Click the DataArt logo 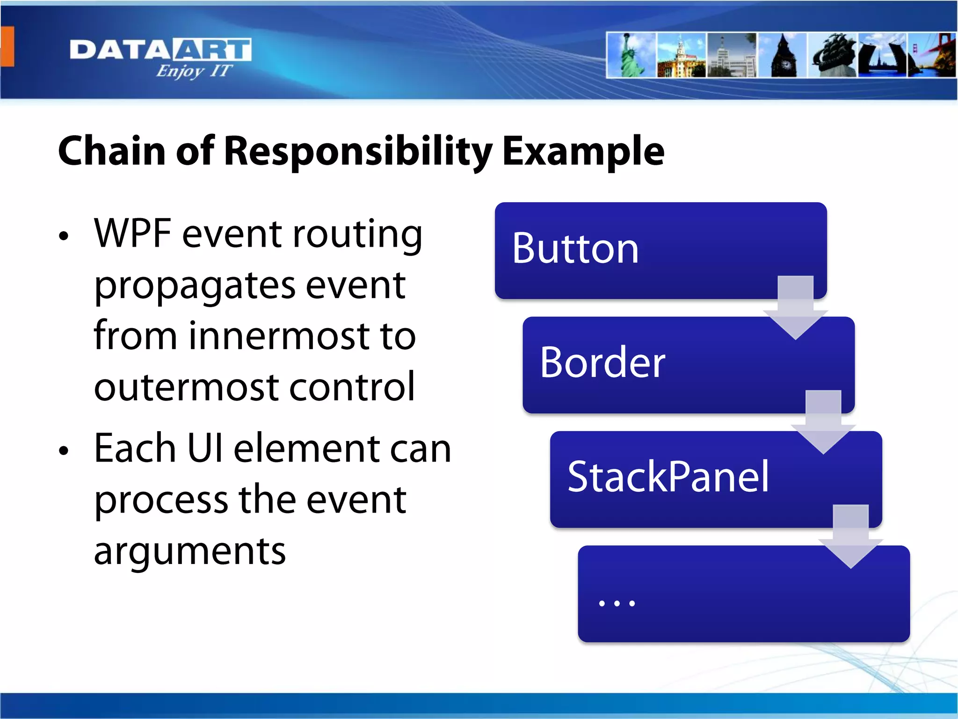[x=160, y=50]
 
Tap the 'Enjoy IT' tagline [x=194, y=71]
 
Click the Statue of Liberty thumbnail [x=631, y=55]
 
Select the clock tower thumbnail [x=783, y=55]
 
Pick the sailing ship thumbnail [x=833, y=55]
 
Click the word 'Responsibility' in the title [x=357, y=152]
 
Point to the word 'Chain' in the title [x=111, y=151]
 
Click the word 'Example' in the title [x=583, y=152]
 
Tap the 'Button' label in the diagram [x=575, y=249]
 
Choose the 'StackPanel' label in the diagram [x=668, y=477]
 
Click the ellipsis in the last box [x=617, y=603]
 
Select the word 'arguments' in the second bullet [x=189, y=551]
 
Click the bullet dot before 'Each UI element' [x=64, y=451]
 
